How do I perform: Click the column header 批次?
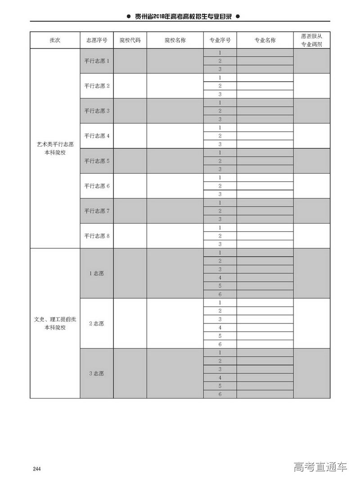(55, 40)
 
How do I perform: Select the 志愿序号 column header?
(96, 40)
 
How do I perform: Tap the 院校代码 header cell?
(130, 40)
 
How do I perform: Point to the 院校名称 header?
(175, 40)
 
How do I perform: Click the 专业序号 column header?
(220, 40)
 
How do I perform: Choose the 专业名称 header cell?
(265, 40)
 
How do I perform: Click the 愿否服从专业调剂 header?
(311, 40)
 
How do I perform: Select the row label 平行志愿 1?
(97, 61)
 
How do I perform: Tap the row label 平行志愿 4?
(97, 136)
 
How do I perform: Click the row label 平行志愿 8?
(97, 236)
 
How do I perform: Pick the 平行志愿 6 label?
(97, 186)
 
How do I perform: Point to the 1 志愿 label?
(96, 273)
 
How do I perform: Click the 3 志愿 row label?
(96, 373)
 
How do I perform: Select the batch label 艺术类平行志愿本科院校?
(55, 148)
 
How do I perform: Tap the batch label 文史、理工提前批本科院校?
(55, 323)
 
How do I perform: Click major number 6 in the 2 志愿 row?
(220, 345)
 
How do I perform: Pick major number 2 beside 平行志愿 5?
(220, 161)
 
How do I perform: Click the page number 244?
(37, 469)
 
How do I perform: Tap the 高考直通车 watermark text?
(320, 467)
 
